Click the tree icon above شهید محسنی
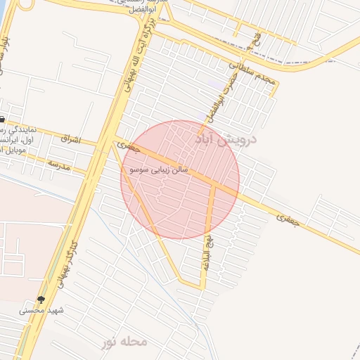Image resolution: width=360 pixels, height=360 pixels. coord(41,300)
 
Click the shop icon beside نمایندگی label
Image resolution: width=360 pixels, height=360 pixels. coord(3,119)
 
